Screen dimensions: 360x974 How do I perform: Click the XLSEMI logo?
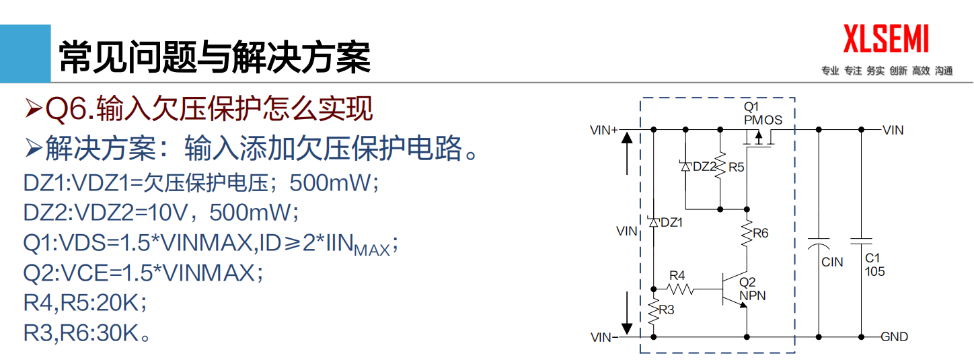coord(887,38)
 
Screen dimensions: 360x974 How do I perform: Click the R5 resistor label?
coord(736,167)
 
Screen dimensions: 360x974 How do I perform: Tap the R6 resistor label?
coord(760,233)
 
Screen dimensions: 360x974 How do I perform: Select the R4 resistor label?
coord(677,275)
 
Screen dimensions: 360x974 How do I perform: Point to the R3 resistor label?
coord(667,310)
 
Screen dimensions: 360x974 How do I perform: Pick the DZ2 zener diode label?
coord(704,167)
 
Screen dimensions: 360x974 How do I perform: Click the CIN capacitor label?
coord(832,262)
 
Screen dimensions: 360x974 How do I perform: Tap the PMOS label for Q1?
coord(763,120)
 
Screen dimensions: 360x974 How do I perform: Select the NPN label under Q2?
coord(752,295)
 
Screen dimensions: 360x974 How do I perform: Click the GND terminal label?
coord(894,337)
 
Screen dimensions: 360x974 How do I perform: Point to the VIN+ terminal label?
coord(603,130)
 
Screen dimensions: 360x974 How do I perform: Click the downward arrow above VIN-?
coord(627,312)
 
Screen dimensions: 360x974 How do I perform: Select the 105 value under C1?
coord(875,272)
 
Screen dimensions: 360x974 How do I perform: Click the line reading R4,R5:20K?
coord(85,303)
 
